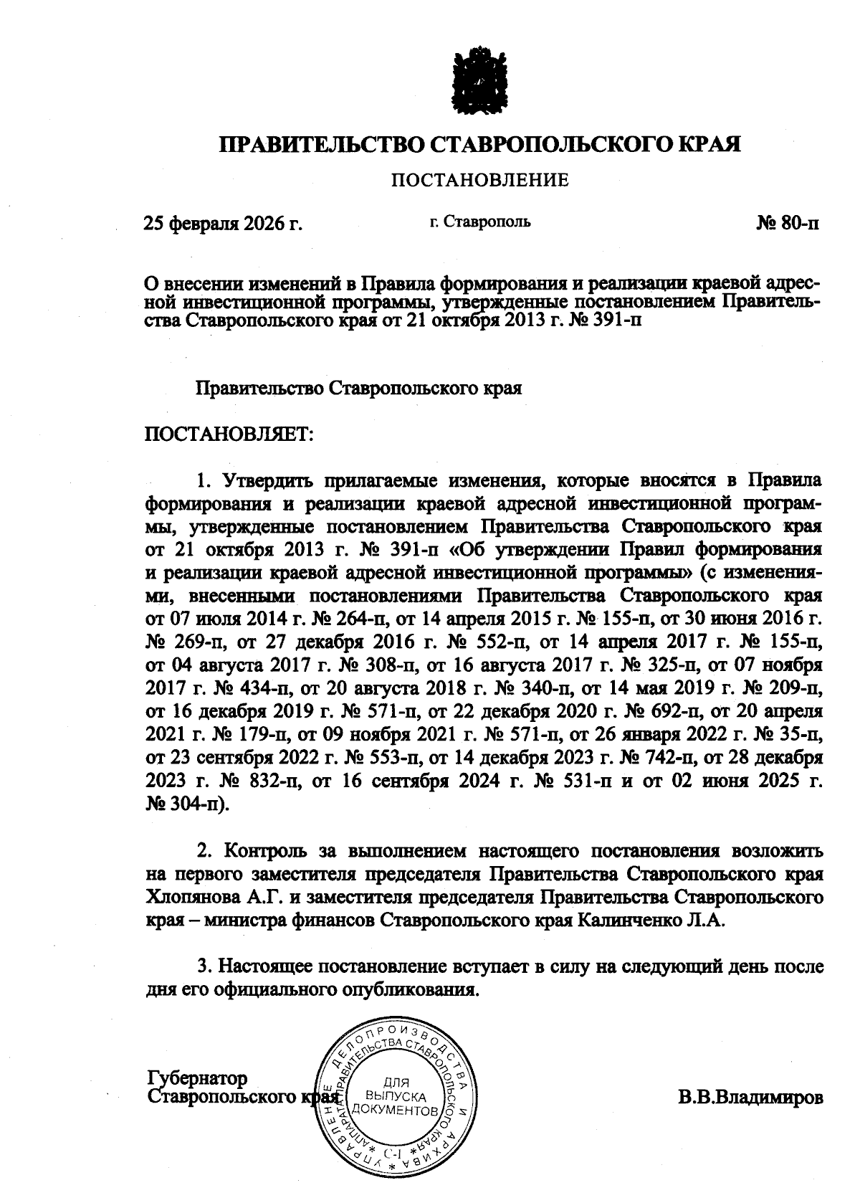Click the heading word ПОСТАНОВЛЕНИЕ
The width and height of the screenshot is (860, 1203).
tap(479, 180)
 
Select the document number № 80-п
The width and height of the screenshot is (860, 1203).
tap(788, 224)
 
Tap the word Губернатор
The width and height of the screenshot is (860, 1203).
tap(197, 1078)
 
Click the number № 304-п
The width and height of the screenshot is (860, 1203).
tap(183, 804)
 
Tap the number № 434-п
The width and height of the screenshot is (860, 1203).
tap(252, 689)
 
